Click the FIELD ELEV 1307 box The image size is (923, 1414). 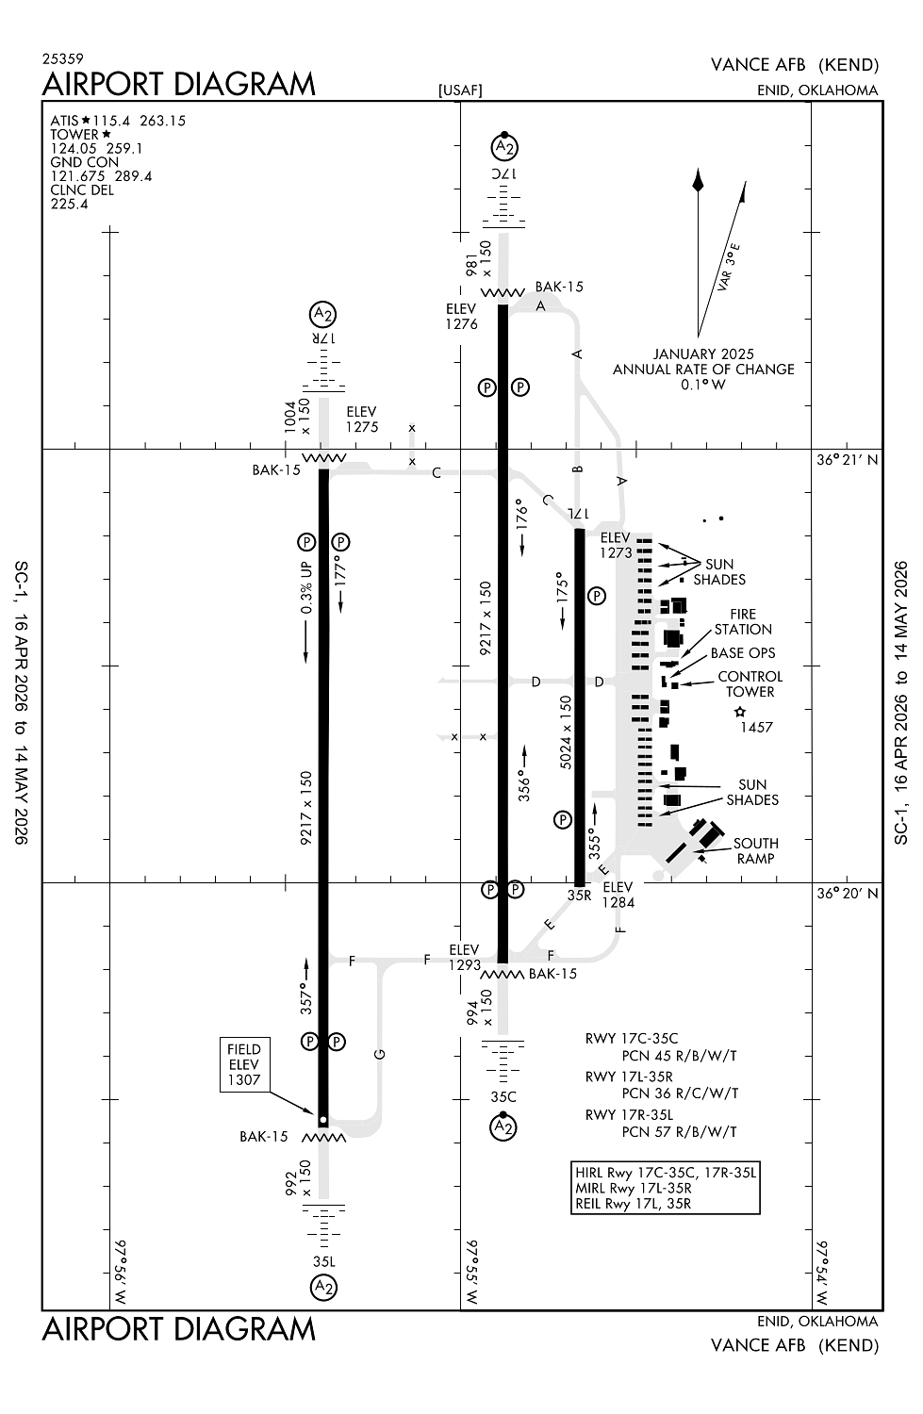tap(243, 1064)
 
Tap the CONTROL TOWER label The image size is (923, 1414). tap(750, 684)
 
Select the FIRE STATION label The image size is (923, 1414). tap(743, 622)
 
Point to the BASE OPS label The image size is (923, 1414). tap(743, 653)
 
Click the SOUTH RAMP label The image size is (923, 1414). tap(755, 851)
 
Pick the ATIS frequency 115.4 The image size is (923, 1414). tap(113, 121)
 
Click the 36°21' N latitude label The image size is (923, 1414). tap(847, 460)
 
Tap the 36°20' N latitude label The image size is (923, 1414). tap(847, 894)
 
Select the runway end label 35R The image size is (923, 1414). tap(579, 896)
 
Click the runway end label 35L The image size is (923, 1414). tap(323, 1261)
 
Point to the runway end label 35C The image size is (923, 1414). tap(503, 1097)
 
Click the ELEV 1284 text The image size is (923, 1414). tap(618, 895)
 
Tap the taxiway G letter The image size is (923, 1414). tap(380, 1054)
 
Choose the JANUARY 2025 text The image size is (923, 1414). tap(703, 354)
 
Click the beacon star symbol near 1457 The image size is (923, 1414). tap(740, 712)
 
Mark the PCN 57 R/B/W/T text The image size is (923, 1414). tap(679, 1132)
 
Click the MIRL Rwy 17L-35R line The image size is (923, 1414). tap(633, 1188)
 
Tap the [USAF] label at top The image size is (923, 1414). tap(460, 90)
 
